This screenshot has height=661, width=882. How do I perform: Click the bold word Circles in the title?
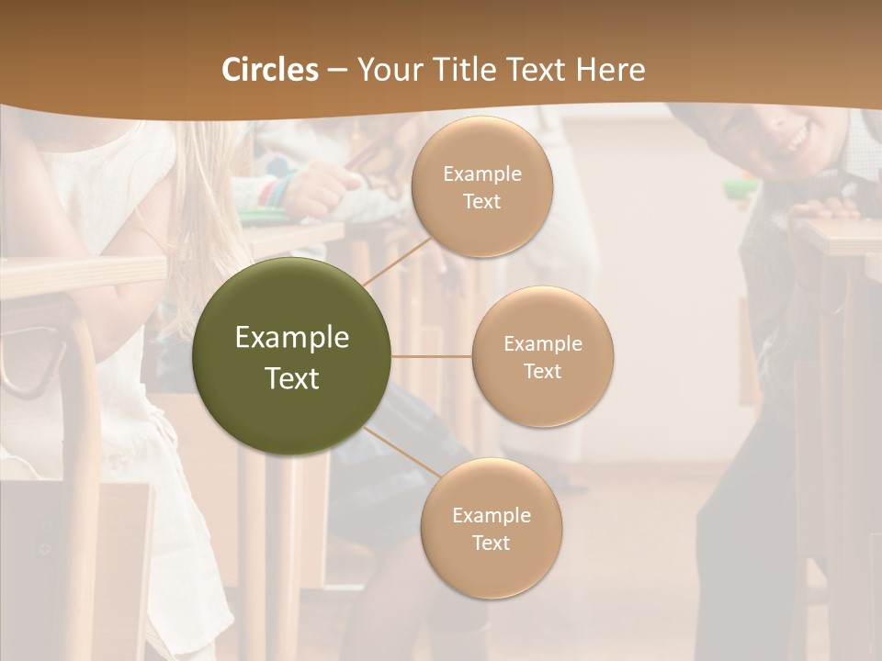pyautogui.click(x=270, y=70)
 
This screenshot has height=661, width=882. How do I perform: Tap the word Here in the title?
pyautogui.click(x=610, y=70)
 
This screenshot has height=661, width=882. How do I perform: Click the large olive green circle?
pyautogui.click(x=292, y=356)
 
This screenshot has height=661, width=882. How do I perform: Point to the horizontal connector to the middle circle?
pyautogui.click(x=432, y=356)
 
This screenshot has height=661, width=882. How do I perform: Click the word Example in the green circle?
pyautogui.click(x=292, y=338)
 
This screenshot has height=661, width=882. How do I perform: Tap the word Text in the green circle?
pyautogui.click(x=292, y=378)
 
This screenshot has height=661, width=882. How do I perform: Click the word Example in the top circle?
pyautogui.click(x=482, y=174)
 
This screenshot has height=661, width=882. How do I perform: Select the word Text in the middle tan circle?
pyautogui.click(x=543, y=372)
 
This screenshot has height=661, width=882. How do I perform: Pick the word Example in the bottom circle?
pyautogui.click(x=492, y=516)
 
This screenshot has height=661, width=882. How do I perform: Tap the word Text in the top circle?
pyautogui.click(x=482, y=201)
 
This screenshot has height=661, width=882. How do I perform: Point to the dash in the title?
pyautogui.click(x=337, y=71)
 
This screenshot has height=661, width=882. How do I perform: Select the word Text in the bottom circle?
pyautogui.click(x=492, y=543)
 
